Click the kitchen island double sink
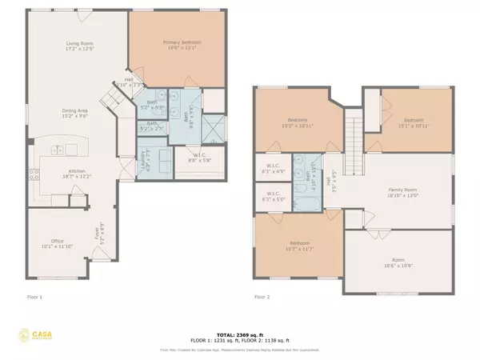[58, 150]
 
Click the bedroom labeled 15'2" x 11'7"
[296, 246]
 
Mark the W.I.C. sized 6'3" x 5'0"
[269, 196]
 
